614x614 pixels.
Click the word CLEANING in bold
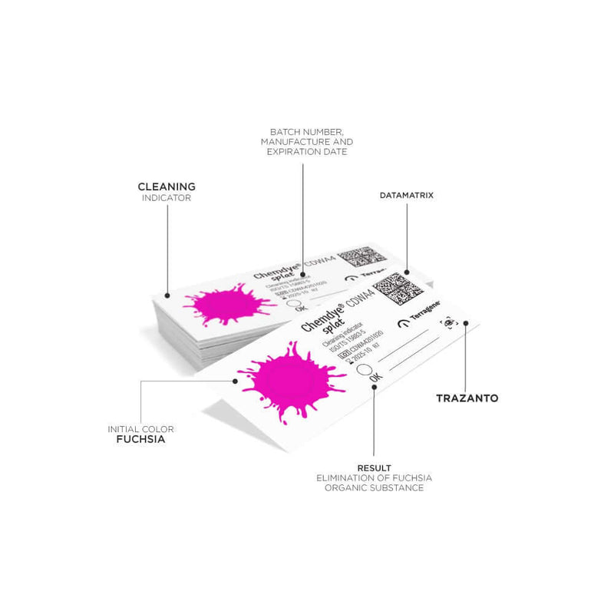[166, 187]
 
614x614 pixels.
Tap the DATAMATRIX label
[406, 196]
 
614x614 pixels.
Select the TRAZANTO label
[467, 398]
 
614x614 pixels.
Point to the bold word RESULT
[374, 467]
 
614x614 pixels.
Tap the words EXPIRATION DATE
[306, 152]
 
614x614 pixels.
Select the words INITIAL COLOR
[140, 428]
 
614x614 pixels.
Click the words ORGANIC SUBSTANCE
[374, 488]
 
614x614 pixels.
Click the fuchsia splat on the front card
[288, 381]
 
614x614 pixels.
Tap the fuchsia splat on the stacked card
[223, 306]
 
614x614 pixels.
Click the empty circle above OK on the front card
[364, 369]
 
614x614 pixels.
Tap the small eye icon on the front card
[448, 325]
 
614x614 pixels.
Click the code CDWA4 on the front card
[360, 295]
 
